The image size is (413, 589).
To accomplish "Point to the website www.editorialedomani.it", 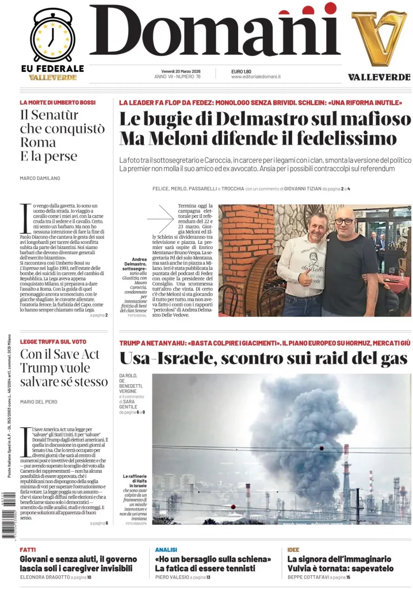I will click(x=255, y=77).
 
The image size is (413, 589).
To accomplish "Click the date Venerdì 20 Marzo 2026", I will click(x=177, y=71).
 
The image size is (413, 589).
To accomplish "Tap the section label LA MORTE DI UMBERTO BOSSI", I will click(x=57, y=102).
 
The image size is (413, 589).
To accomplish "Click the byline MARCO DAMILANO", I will click(x=40, y=178).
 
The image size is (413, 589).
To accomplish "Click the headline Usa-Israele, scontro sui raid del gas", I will click(x=263, y=359).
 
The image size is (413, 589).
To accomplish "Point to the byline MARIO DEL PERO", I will click(x=40, y=401).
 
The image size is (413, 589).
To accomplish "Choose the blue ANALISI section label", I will click(x=166, y=550).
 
